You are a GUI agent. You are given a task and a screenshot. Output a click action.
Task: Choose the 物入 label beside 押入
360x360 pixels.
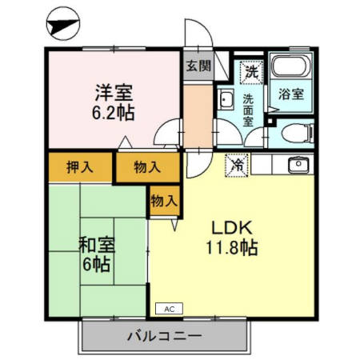coord(146,168)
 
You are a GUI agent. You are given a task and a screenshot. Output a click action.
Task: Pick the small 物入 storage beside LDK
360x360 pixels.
coord(163,201)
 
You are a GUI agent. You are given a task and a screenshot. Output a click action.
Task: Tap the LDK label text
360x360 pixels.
coord(228,226)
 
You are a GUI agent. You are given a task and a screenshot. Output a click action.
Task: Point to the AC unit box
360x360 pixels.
coord(169,308)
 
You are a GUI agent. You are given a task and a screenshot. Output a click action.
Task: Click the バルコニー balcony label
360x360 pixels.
coord(164,336)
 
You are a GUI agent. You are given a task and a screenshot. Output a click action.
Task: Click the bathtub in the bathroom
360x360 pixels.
coord(290,67)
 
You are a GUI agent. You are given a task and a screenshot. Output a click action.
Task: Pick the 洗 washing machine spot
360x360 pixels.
coord(251,70)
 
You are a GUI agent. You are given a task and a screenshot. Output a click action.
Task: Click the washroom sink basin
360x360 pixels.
coord(226,101)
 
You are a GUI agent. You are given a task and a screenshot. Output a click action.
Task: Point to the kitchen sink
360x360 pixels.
coord(297,166)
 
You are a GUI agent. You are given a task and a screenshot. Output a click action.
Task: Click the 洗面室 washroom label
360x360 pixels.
coord(249,111)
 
